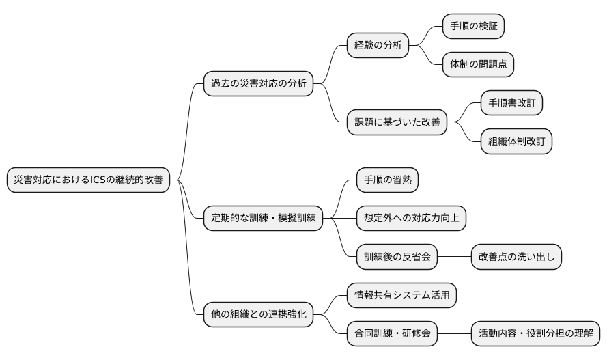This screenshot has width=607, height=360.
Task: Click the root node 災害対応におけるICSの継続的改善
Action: tap(88, 180)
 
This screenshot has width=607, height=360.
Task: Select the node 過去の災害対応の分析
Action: tap(258, 84)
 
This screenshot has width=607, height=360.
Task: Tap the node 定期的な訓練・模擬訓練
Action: tap(263, 218)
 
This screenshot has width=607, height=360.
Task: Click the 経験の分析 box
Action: tap(377, 46)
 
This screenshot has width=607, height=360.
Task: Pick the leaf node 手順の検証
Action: tap(473, 27)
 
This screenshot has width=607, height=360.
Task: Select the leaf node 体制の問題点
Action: tap(478, 65)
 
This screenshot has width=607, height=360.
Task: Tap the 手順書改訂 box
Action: tap(511, 103)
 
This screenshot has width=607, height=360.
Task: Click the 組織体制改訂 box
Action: tap(516, 141)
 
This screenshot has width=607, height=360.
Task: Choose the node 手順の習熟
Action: tap(387, 180)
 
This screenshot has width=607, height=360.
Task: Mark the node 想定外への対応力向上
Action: tap(411, 218)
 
